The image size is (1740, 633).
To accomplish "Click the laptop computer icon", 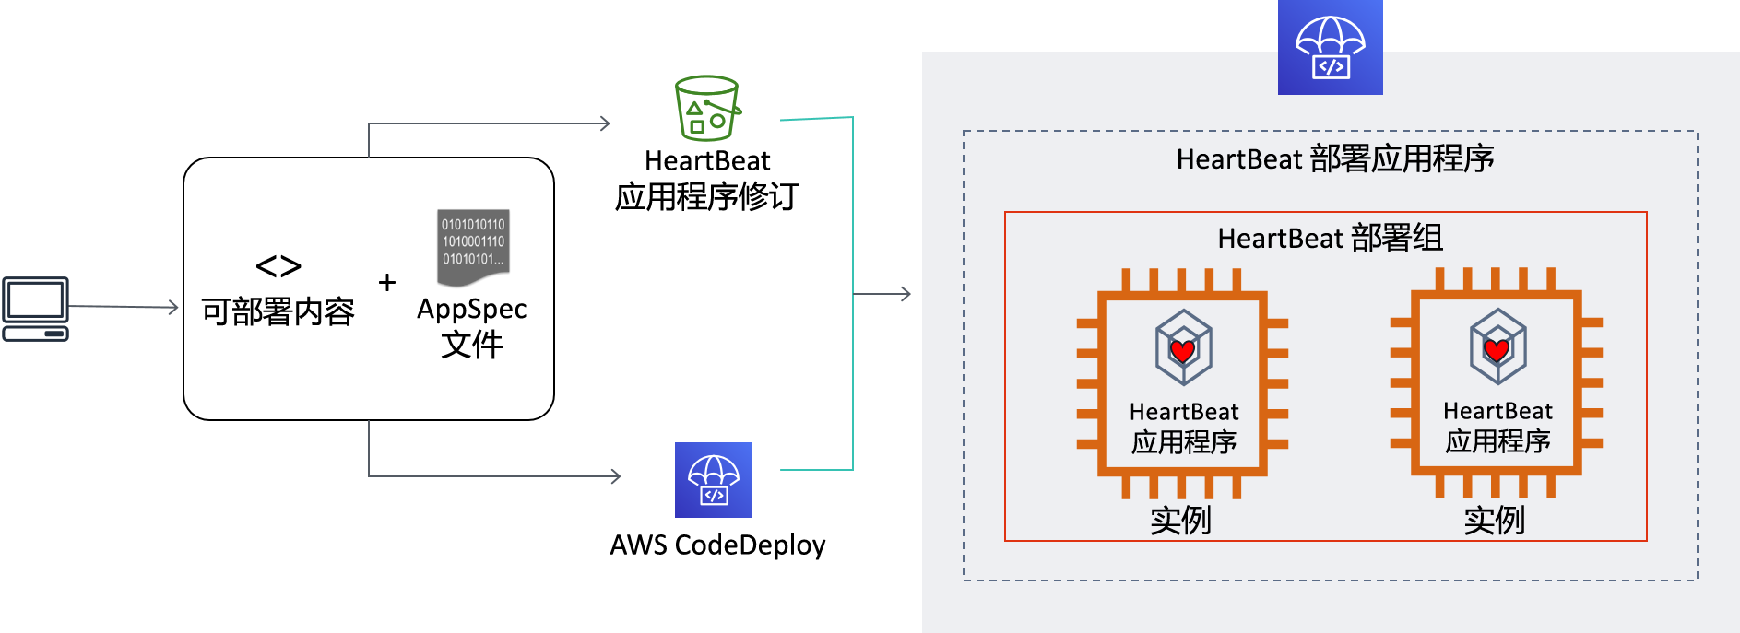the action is [35, 309].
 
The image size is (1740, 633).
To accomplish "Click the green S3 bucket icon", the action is [707, 108].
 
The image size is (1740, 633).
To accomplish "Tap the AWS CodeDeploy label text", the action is [717, 545].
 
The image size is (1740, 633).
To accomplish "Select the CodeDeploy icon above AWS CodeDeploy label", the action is [714, 480].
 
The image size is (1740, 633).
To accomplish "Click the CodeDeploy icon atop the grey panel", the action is [1331, 47].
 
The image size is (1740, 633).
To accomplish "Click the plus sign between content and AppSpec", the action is [387, 282].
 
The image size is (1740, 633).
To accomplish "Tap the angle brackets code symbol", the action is [278, 267].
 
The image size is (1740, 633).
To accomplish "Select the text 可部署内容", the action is [278, 312].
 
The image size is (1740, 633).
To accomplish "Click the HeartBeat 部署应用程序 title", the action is [1335, 159].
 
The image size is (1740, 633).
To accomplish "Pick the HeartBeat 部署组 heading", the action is [1330, 239].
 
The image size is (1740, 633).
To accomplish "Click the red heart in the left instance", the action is [1183, 350].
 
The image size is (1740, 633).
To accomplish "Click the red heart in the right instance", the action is [1497, 350].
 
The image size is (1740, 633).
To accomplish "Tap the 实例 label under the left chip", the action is [1181, 521].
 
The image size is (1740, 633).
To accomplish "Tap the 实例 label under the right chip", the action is [1495, 521].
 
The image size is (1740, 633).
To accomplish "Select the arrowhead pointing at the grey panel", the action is [906, 294].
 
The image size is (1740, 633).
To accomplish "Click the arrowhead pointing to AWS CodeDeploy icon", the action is [615, 476].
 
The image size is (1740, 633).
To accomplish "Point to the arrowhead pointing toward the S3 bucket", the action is [604, 123].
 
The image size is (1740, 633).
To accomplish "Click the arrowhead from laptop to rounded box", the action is [172, 307].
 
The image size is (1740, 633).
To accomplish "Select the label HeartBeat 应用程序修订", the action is [707, 179].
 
